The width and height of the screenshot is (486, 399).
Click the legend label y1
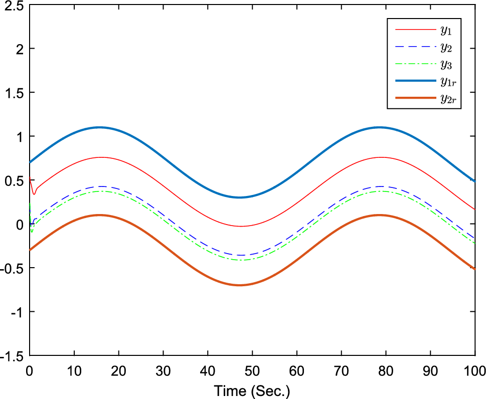tap(446, 30)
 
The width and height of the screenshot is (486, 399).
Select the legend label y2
tap(446, 48)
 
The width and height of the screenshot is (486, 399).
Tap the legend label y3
tap(446, 65)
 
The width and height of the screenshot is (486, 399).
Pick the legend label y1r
tap(448, 82)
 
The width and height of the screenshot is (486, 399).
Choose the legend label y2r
tap(448, 100)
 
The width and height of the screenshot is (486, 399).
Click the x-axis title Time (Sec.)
tap(252, 390)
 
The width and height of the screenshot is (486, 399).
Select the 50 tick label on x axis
tap(252, 371)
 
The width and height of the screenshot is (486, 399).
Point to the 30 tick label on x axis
tap(163, 371)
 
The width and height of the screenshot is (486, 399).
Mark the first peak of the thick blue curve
tap(99, 127)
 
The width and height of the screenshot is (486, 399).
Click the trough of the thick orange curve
tap(239, 285)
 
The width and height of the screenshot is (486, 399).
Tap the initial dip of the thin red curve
tap(34, 193)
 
